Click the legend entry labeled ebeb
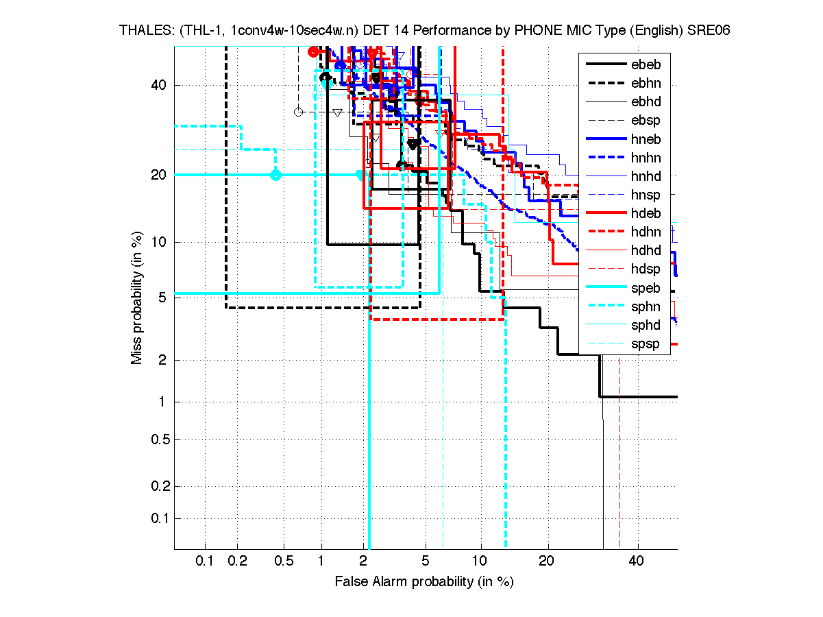(x=648, y=65)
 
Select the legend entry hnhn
(x=648, y=158)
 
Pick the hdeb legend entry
(x=648, y=213)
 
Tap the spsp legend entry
(x=648, y=343)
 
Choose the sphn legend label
(x=648, y=306)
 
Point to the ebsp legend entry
(x=648, y=121)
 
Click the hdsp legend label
(x=648, y=269)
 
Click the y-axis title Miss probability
(x=137, y=298)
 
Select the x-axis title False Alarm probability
(x=424, y=582)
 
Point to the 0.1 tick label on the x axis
(x=206, y=561)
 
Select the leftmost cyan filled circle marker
(x=275, y=175)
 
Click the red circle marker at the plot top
(x=313, y=51)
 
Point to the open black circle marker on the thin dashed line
(x=298, y=112)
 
